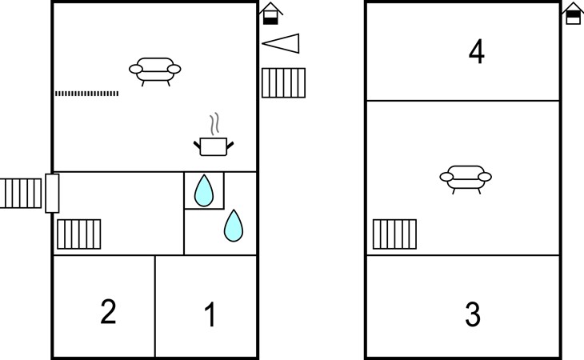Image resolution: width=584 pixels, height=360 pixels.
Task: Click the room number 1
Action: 210,314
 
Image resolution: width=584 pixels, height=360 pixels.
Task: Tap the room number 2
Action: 108,311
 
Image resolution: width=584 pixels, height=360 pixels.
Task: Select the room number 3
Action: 473,314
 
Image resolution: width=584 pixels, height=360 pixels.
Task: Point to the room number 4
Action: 477,51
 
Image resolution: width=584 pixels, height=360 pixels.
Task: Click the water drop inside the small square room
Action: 204,190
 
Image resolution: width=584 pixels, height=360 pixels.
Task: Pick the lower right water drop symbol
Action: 234,226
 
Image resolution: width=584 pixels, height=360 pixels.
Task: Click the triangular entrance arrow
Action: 281,43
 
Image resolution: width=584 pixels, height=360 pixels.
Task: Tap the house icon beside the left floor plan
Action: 270,14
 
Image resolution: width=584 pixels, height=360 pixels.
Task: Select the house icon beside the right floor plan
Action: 573,14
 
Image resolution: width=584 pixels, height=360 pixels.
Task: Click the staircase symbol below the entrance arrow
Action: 283,83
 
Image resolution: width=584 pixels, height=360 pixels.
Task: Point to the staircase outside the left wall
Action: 21,194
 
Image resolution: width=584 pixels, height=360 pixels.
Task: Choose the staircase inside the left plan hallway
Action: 79,234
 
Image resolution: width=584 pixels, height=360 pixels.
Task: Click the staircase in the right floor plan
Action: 394,234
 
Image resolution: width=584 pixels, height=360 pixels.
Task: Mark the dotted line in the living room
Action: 86,94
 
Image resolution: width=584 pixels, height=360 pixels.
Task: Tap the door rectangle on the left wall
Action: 52,194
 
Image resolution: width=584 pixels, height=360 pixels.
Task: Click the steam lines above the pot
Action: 214,124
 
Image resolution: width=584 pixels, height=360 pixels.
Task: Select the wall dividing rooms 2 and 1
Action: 155,306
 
